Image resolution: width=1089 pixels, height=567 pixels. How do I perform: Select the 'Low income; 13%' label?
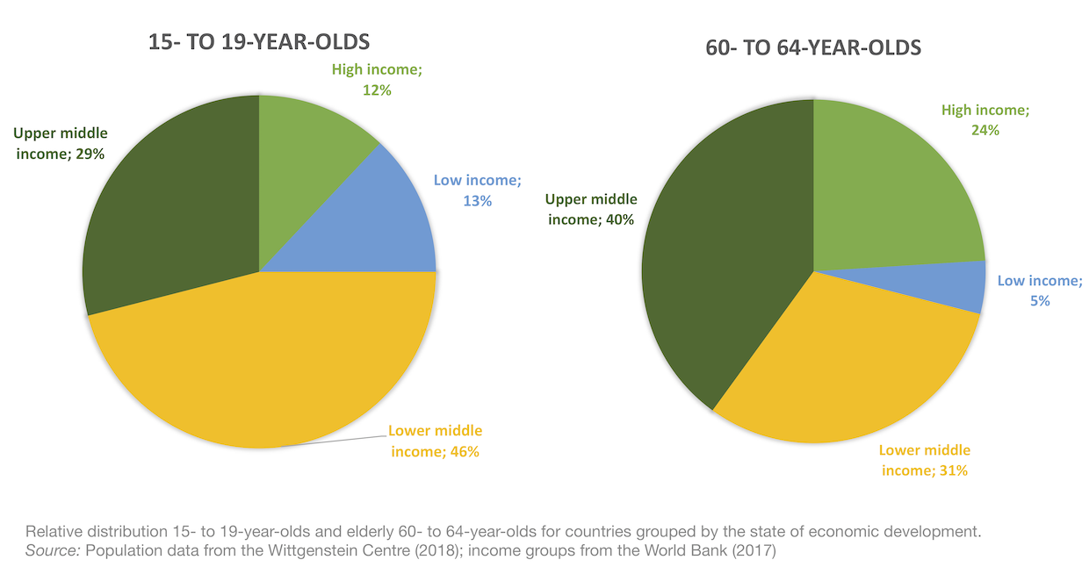point(477,190)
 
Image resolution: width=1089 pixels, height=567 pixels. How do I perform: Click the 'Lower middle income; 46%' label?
point(435,441)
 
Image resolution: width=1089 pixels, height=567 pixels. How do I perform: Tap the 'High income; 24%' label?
point(984,120)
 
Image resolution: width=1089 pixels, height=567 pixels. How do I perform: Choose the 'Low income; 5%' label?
point(1040,291)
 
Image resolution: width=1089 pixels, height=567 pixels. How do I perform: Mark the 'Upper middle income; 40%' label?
point(591,209)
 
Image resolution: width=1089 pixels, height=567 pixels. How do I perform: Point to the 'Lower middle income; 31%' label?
point(925,460)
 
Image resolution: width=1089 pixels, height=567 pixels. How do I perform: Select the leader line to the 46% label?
point(338,441)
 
